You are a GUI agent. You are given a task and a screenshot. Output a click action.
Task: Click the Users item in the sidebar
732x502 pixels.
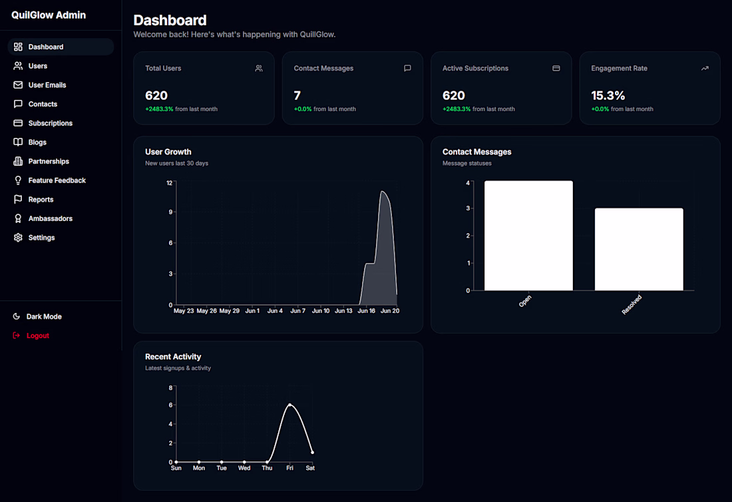coord(37,66)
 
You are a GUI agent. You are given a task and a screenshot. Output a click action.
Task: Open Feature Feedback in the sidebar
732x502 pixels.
coord(57,180)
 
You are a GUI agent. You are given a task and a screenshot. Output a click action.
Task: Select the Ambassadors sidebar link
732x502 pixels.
coord(50,218)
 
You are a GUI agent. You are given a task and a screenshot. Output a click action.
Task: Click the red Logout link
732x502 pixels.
coord(37,336)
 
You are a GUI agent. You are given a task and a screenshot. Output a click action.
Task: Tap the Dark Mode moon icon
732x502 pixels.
coord(17,316)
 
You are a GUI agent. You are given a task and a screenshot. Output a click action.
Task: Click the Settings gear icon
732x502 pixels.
coord(18,237)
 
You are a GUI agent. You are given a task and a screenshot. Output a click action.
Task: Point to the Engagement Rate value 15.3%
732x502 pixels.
coord(608,96)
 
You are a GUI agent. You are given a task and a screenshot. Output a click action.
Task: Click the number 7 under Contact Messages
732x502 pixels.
coord(297,96)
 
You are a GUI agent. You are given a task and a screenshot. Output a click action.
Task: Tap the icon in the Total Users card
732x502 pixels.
coord(259,68)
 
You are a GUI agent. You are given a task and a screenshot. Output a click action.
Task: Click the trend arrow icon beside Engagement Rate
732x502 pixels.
coord(705,68)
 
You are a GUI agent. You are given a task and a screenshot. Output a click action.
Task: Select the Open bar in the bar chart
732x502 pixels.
coord(528,236)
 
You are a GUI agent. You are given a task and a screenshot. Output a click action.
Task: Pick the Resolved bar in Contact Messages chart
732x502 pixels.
coord(639,250)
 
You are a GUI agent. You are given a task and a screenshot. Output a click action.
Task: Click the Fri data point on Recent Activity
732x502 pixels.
coord(290,405)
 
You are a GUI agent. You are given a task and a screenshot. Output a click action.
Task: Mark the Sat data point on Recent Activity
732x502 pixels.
coord(312,452)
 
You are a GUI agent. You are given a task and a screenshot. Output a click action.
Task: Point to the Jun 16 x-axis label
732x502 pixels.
coord(367,310)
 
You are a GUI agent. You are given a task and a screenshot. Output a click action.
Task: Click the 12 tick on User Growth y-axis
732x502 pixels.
coord(170,182)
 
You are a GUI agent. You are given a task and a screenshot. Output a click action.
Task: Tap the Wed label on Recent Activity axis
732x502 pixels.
coord(244,468)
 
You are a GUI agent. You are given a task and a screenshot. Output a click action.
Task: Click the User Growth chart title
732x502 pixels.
coord(168,152)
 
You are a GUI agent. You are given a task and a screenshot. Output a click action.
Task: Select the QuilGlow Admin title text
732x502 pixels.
coord(49,15)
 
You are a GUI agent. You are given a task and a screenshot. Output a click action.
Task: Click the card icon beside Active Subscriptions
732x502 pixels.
coord(556,68)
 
